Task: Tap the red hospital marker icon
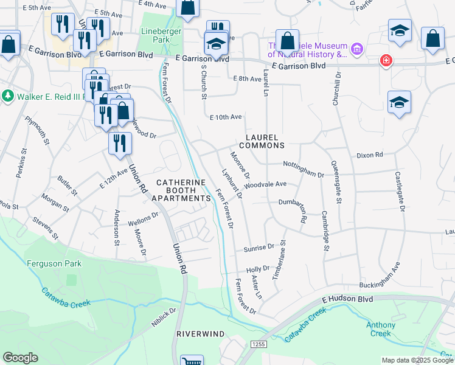(385, 60)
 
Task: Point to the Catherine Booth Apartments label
(181, 190)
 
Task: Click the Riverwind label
(200, 335)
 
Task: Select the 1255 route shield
(256, 344)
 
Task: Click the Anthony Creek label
(380, 329)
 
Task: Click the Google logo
(20, 358)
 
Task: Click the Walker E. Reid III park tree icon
(8, 96)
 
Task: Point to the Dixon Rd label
(369, 156)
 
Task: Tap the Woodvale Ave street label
(265, 184)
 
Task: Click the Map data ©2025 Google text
(417, 360)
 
